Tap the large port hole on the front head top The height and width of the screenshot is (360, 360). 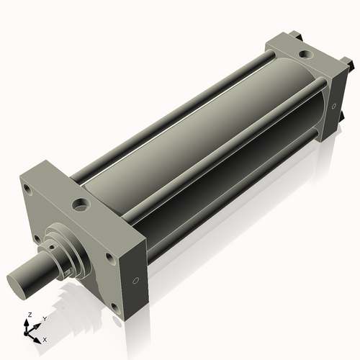81,205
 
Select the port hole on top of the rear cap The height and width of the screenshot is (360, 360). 306,54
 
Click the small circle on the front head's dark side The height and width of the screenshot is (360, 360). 135,280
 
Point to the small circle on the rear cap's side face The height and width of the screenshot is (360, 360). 334,106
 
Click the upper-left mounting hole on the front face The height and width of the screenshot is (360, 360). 28,189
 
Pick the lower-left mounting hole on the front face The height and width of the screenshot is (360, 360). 37,239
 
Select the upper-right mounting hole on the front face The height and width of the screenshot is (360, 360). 110,259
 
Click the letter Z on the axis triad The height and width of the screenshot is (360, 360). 30,315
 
